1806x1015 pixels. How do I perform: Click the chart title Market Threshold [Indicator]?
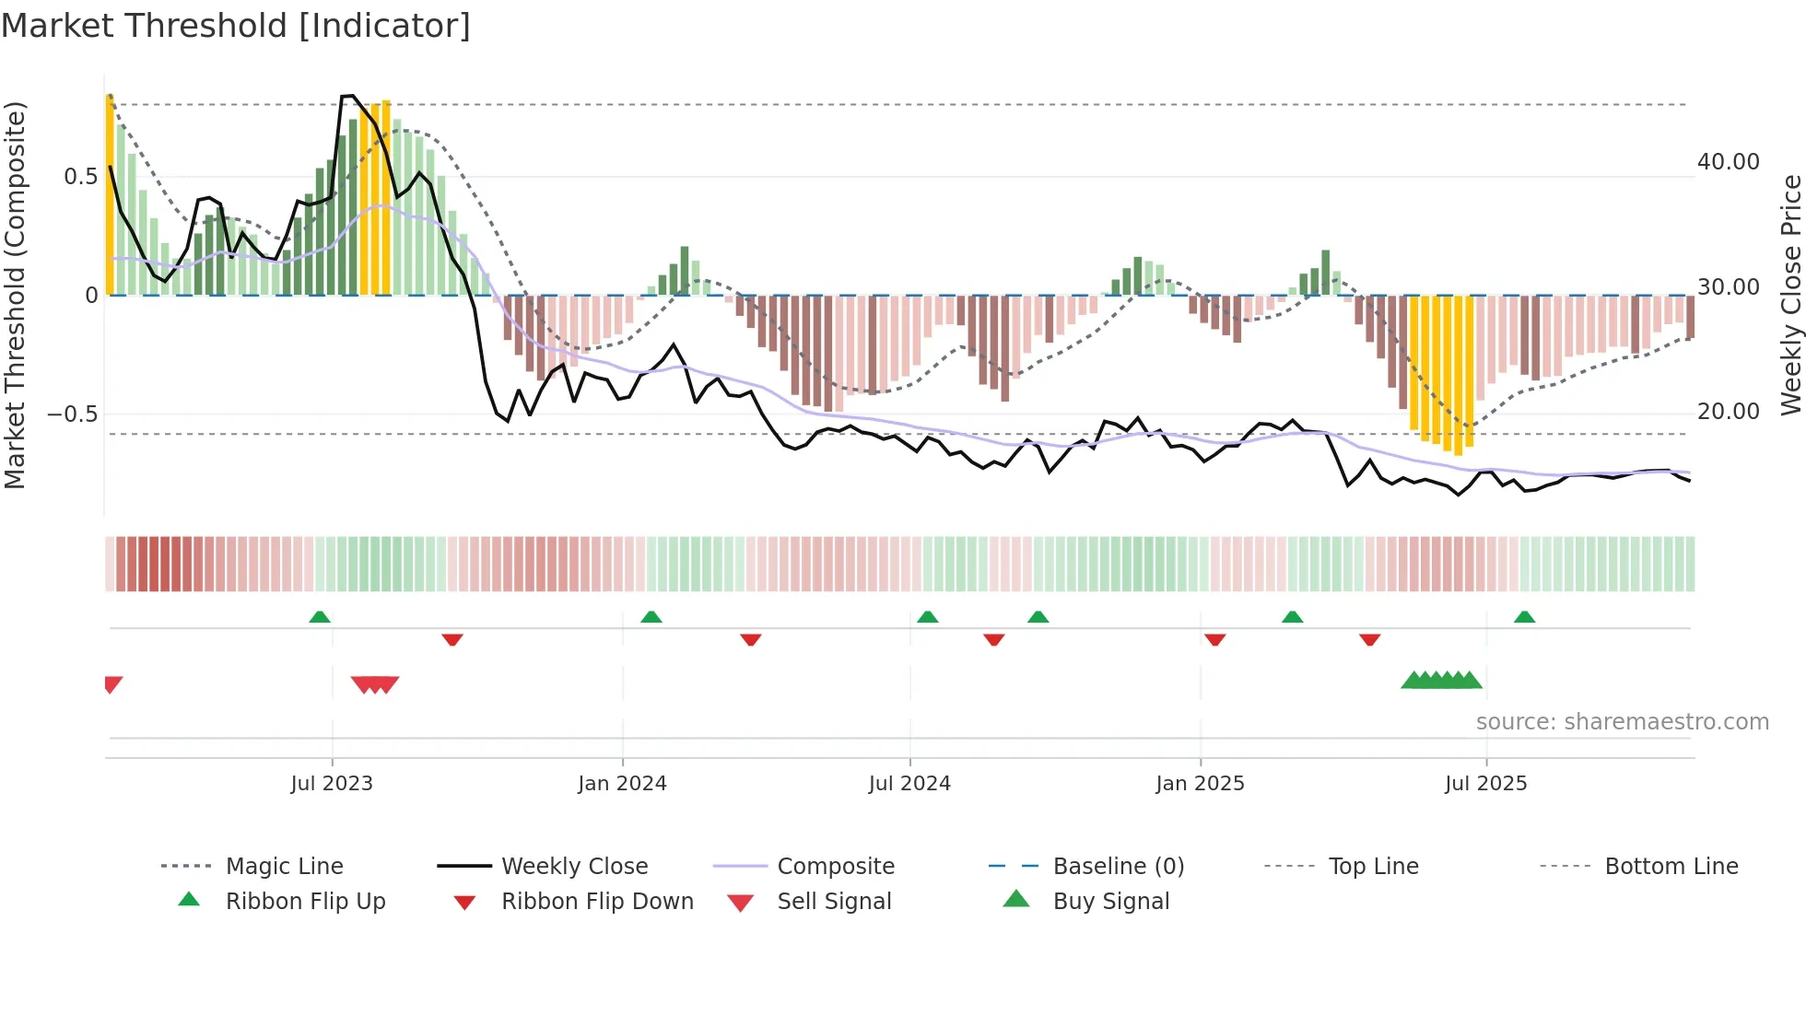(x=236, y=26)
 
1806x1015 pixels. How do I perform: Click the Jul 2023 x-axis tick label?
(x=332, y=784)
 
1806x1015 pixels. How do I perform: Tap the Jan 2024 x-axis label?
(x=622, y=784)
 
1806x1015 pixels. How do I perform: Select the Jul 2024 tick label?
(x=909, y=784)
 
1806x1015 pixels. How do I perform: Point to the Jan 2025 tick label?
(x=1200, y=784)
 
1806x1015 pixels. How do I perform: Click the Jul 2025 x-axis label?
(x=1485, y=784)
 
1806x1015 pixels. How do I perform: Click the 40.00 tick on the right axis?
(x=1729, y=162)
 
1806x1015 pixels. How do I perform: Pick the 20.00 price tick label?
(x=1729, y=412)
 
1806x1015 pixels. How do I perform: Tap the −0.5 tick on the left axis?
(x=73, y=414)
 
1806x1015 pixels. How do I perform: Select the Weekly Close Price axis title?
(x=1790, y=295)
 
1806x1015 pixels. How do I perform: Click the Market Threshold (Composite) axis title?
(x=15, y=295)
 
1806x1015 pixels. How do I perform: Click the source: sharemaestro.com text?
(x=1622, y=722)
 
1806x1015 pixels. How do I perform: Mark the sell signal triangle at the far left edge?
(x=112, y=683)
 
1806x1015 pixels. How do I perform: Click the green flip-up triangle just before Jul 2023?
(x=320, y=617)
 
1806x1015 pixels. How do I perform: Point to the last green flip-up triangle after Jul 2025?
(x=1524, y=617)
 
